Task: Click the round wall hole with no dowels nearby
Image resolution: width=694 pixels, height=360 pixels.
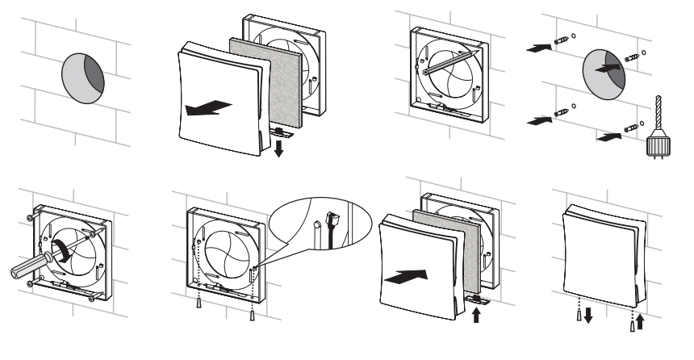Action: tap(83, 79)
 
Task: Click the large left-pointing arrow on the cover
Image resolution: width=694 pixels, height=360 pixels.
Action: tap(203, 108)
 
